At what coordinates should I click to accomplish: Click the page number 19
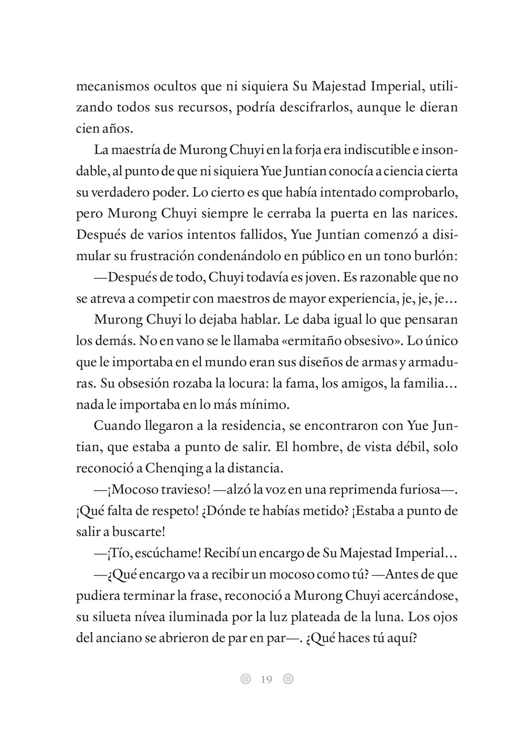pyautogui.click(x=266, y=679)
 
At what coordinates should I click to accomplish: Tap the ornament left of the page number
pyautogui.click(x=245, y=679)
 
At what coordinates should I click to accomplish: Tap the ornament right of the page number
pyautogui.click(x=288, y=679)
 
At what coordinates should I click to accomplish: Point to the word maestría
pyautogui.click(x=147, y=149)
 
